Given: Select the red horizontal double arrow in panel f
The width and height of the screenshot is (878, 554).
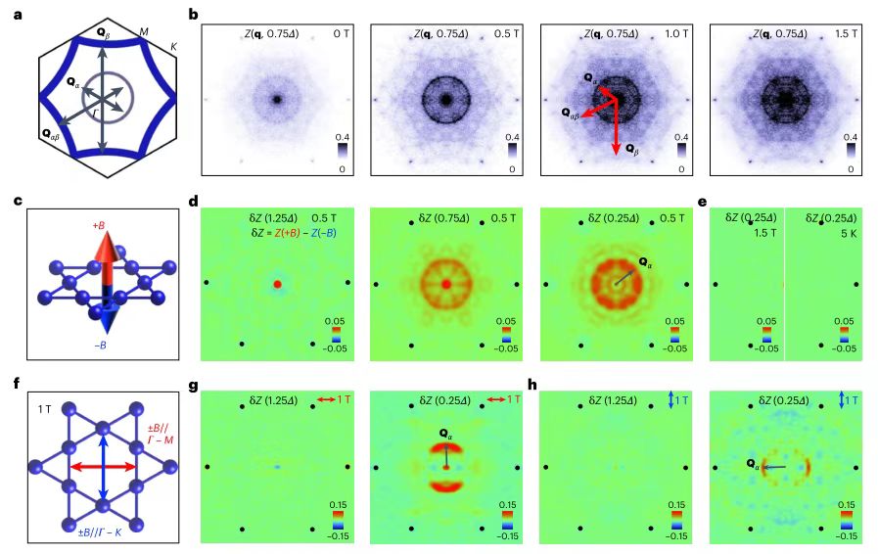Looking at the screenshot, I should (102, 467).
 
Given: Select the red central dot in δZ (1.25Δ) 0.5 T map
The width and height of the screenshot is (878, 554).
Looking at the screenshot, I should (277, 284).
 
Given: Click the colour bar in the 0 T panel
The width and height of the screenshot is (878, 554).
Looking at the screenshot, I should (341, 153).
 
